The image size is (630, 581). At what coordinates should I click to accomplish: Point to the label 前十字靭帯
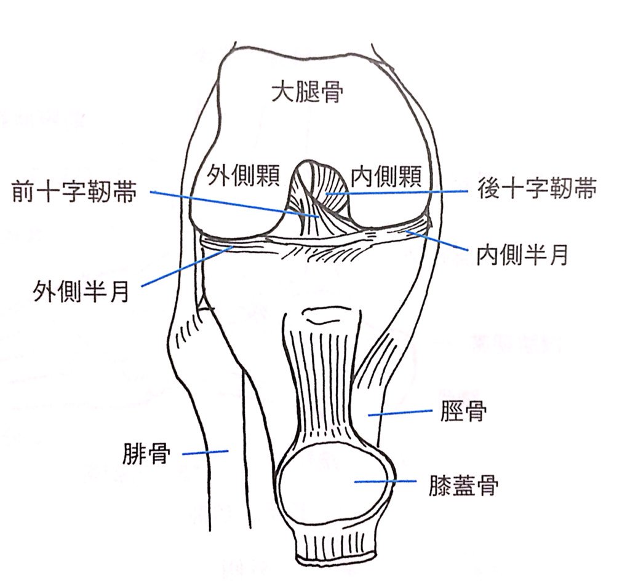pos(76,193)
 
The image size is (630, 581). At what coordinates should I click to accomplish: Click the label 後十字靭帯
pos(536,191)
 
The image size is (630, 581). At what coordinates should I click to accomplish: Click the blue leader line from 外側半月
pos(185,266)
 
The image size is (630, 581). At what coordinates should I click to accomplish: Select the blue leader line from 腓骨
pos(206,453)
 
